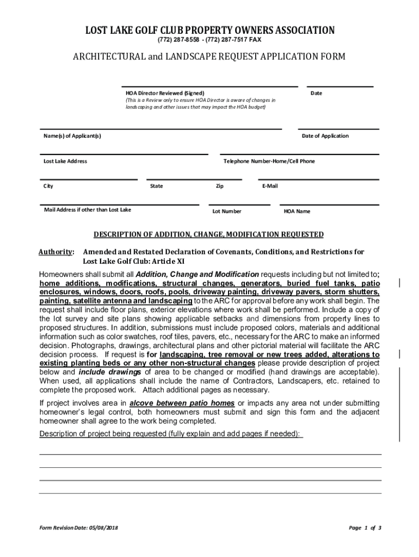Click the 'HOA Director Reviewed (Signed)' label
tap(162, 93)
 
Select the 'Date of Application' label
tap(325, 136)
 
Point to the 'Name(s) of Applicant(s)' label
tap(72, 136)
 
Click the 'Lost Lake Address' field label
tap(65, 161)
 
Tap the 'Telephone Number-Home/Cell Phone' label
tap(269, 161)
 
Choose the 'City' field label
tap(48, 186)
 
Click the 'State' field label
tap(156, 186)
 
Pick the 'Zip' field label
tap(219, 186)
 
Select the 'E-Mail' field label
tap(270, 186)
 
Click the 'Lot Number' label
tap(227, 211)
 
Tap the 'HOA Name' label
tap(297, 211)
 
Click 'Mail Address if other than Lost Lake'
tap(88, 210)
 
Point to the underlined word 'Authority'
tap(56, 252)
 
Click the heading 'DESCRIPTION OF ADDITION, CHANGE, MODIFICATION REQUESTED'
tap(209, 234)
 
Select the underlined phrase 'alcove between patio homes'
tap(182, 403)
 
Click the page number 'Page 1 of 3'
tap(365, 528)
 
